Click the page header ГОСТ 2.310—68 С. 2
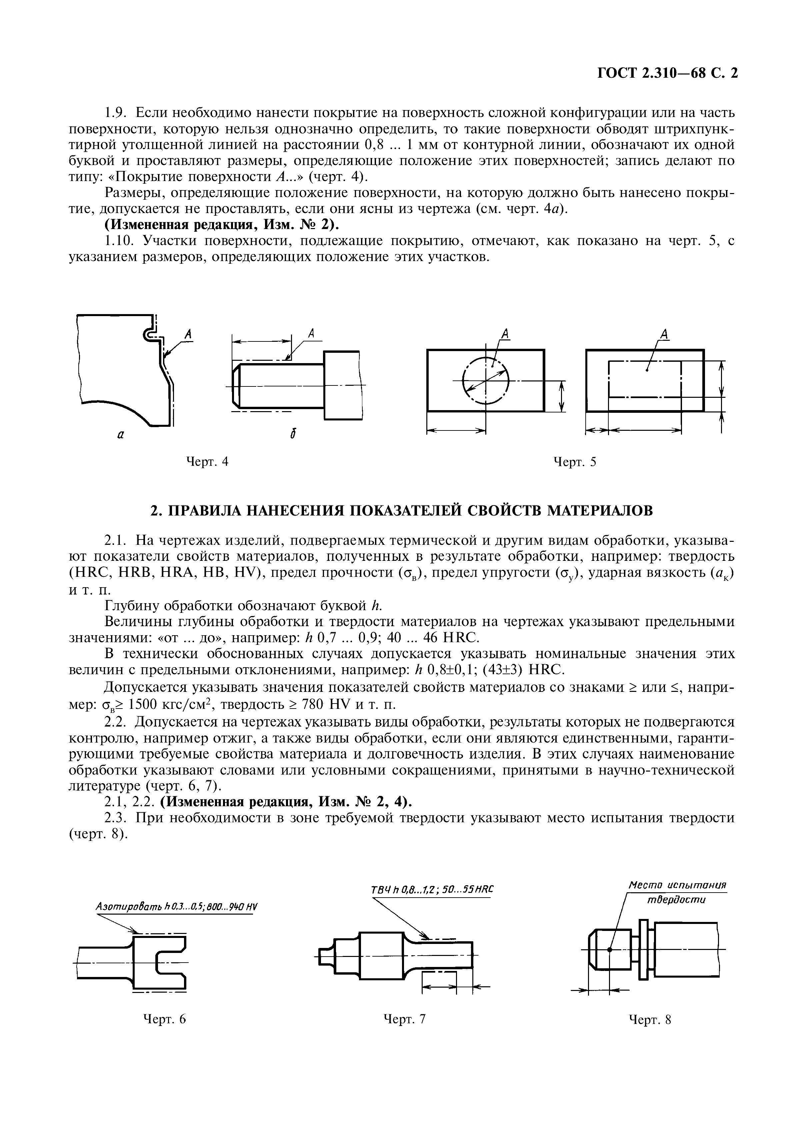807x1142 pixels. pyautogui.click(x=667, y=73)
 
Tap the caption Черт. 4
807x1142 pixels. pyautogui.click(x=207, y=461)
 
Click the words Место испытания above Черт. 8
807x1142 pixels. pyautogui.click(x=677, y=885)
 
